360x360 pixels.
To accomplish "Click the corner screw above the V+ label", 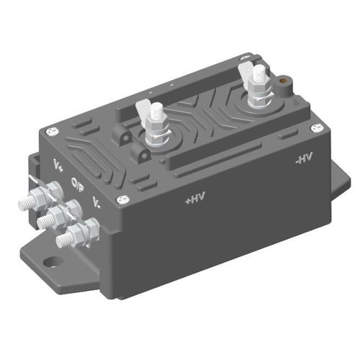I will click(50, 130).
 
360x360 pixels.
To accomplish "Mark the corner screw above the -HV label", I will click(315, 127).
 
